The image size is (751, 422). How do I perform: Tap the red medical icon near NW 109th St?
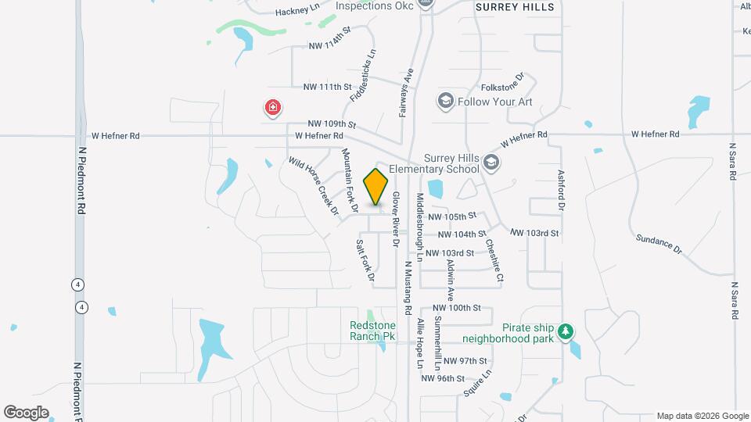tap(273, 107)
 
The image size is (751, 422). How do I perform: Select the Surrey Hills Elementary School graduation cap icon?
tap(491, 163)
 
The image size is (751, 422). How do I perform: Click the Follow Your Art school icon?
tap(446, 101)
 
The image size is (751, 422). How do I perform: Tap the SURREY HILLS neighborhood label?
tap(515, 7)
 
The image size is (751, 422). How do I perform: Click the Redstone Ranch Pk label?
tap(372, 331)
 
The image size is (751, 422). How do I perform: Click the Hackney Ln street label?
tap(298, 12)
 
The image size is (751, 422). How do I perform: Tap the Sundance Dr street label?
tap(658, 244)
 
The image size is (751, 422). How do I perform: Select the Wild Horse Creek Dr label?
tap(313, 185)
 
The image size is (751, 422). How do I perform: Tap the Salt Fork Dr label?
tap(365, 260)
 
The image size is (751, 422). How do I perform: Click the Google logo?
tap(26, 413)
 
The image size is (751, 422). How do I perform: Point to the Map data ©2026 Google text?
tap(702, 416)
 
